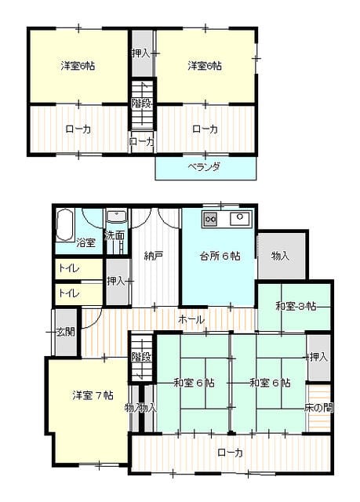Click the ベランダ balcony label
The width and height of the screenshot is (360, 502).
(204, 167)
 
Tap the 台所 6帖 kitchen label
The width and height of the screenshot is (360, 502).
(220, 256)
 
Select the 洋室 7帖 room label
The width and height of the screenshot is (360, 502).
(93, 395)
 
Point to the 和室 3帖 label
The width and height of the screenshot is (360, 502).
(296, 307)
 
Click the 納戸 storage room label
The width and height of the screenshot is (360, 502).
(154, 256)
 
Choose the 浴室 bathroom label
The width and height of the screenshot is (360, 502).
(85, 242)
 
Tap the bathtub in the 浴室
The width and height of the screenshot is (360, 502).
(65, 225)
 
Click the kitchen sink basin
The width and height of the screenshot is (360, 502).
(240, 219)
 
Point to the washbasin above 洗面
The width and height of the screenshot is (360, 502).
(117, 216)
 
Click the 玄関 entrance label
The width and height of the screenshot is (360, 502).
(66, 332)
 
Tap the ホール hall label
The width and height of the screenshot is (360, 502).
(191, 319)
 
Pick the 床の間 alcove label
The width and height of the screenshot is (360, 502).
(318, 408)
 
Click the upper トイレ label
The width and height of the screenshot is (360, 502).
(69, 268)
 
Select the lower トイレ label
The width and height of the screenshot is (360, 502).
(69, 293)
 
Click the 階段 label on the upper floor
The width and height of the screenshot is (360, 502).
(141, 104)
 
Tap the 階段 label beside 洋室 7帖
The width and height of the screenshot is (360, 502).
(141, 357)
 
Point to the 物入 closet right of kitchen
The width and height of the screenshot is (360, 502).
(281, 256)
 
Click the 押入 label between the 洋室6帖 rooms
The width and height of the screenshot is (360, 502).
(141, 53)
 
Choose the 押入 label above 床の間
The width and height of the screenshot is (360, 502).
(318, 357)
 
